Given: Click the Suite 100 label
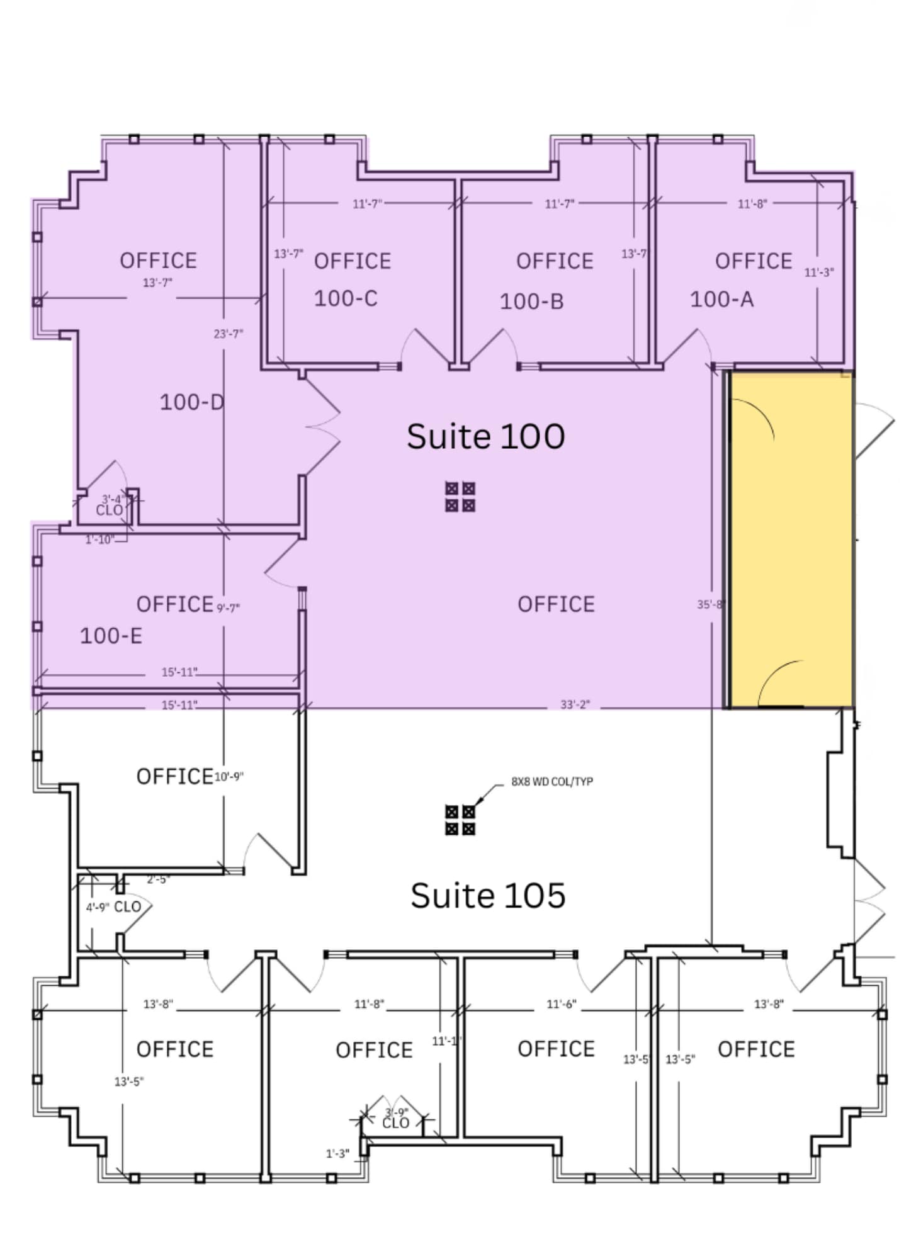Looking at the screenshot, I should [485, 436].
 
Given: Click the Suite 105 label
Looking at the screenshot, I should [488, 895].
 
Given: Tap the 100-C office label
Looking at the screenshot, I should [346, 298].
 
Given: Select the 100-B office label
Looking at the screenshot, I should [531, 302].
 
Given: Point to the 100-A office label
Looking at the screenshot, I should [721, 299].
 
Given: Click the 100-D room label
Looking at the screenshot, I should [191, 402].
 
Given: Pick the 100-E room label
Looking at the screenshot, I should [111, 636].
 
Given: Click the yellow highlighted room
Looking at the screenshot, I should [791, 541].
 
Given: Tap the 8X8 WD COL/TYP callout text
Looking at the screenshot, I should [551, 782].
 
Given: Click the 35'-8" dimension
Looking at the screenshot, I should [711, 604].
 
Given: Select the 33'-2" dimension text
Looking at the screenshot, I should [575, 704].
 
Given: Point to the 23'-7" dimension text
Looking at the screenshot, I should [228, 334].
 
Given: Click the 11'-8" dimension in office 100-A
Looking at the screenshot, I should [752, 204].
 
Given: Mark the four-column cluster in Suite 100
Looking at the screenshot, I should [460, 497].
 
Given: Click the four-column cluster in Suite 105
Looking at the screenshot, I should [460, 820].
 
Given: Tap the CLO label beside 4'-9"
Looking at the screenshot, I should [127, 907].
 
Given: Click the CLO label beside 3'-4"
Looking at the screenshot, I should [109, 510].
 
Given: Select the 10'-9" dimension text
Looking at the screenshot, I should [229, 777].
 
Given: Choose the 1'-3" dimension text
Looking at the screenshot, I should [337, 1154].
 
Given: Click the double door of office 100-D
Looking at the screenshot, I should [322, 427].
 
